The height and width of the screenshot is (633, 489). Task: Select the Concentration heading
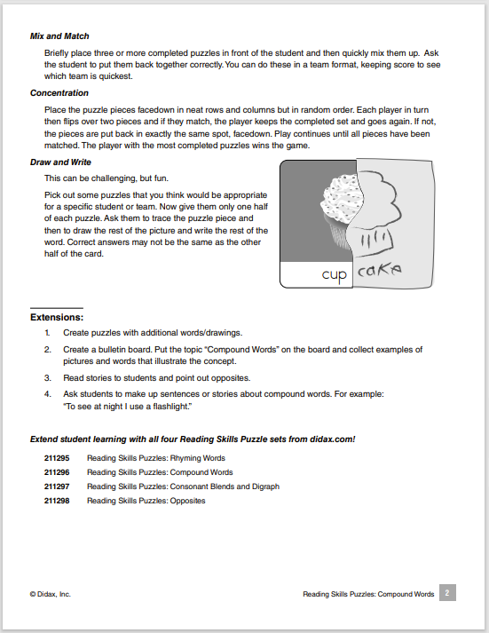(x=59, y=92)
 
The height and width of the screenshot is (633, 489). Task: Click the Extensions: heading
(x=57, y=316)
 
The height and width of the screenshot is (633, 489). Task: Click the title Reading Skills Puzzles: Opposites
(x=146, y=501)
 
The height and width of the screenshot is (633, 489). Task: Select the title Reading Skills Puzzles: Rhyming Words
(x=155, y=458)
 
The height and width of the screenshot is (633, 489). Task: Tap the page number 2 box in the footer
(x=448, y=593)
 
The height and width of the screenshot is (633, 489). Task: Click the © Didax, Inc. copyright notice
(x=50, y=594)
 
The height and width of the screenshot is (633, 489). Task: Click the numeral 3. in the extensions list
(x=47, y=377)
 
